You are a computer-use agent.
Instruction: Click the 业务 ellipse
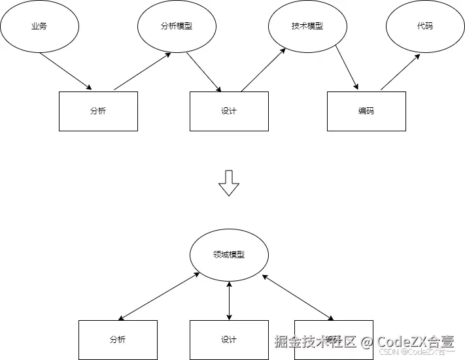point(39,27)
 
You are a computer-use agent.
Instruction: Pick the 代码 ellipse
point(425,27)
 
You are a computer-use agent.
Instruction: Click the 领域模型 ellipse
point(229,255)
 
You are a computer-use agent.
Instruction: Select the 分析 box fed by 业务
point(98,111)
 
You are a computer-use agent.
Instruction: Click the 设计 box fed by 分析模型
point(229,111)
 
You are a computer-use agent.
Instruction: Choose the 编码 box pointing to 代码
point(366,111)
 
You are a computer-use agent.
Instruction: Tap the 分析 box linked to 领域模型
point(118,340)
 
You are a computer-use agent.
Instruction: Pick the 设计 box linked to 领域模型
point(229,340)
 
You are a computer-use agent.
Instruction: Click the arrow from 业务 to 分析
point(65,71)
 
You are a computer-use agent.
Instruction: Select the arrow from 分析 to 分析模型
point(143,71)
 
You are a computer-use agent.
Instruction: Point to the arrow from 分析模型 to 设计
point(204,72)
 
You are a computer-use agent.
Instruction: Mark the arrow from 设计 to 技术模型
point(264,70)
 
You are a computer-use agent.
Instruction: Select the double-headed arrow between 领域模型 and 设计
point(229,301)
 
